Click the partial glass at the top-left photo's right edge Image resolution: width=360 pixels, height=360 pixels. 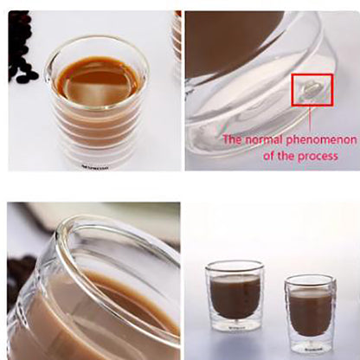point(176,35)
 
